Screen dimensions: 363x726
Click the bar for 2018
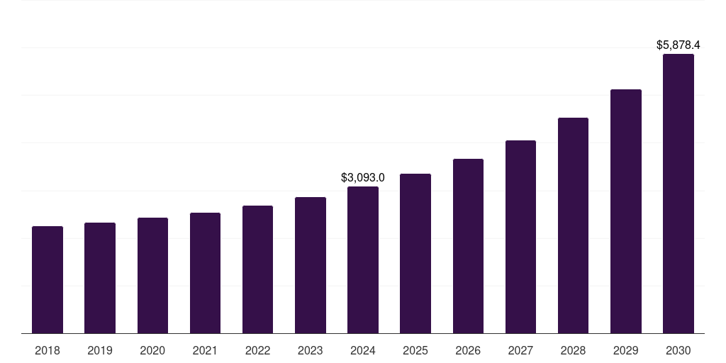click(48, 280)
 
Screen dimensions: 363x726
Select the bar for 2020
click(152, 276)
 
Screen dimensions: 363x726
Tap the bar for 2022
click(257, 269)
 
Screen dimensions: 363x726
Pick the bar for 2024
click(363, 260)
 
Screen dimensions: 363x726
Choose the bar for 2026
click(468, 246)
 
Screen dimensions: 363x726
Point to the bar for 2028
click(573, 225)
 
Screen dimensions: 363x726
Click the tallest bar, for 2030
click(678, 194)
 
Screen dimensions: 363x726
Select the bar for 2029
click(626, 211)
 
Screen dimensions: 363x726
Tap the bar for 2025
click(415, 254)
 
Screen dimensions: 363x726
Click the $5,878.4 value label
click(678, 45)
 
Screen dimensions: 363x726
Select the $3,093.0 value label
click(363, 177)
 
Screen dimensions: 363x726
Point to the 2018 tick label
click(48, 351)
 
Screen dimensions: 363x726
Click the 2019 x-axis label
click(100, 351)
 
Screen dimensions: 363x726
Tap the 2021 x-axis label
click(205, 351)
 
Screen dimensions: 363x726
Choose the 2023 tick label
click(311, 351)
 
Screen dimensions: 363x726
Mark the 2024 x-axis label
click(363, 351)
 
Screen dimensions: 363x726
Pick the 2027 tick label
click(520, 351)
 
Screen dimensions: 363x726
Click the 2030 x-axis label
click(678, 351)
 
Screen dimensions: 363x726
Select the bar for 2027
click(520, 237)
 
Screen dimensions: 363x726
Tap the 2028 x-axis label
click(573, 351)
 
